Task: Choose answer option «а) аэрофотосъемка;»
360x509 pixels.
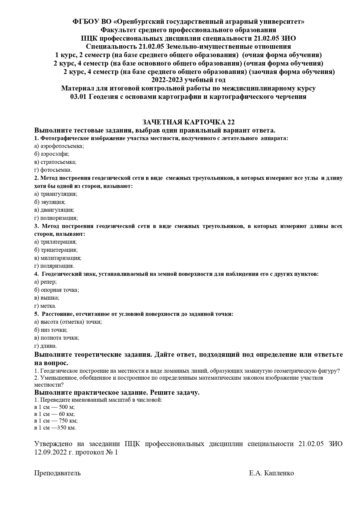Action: pos(59,146)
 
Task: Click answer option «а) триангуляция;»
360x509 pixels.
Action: pos(56,194)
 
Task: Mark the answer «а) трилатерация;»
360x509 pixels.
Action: pos(55,242)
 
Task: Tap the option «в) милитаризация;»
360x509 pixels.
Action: pos(58,258)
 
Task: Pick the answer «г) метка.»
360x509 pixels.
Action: pos(45,306)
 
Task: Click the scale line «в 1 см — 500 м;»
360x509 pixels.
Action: pos(55,407)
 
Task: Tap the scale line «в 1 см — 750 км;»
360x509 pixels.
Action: pos(56,421)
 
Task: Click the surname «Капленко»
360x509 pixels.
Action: pos(279,473)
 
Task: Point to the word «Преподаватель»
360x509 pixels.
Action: pos(57,473)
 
